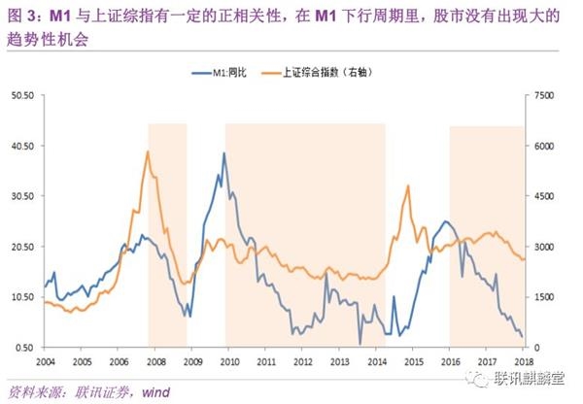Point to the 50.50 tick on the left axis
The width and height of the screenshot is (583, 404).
click(21, 95)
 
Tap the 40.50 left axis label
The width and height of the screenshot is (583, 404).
click(21, 146)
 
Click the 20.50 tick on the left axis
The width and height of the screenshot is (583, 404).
click(21, 247)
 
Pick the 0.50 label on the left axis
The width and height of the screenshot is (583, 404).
click(23, 348)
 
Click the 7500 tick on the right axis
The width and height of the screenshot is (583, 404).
click(543, 95)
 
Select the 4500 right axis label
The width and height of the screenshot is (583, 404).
click(543, 196)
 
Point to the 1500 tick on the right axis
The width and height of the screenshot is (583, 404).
click(543, 297)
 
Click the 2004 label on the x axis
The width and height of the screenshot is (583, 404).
click(45, 361)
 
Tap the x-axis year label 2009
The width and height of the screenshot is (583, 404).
click(191, 361)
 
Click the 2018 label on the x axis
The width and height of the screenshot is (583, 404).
click(525, 361)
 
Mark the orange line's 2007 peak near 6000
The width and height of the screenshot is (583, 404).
click(148, 151)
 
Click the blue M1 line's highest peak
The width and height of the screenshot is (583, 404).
click(224, 153)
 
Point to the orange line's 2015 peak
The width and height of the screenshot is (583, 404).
click(407, 185)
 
